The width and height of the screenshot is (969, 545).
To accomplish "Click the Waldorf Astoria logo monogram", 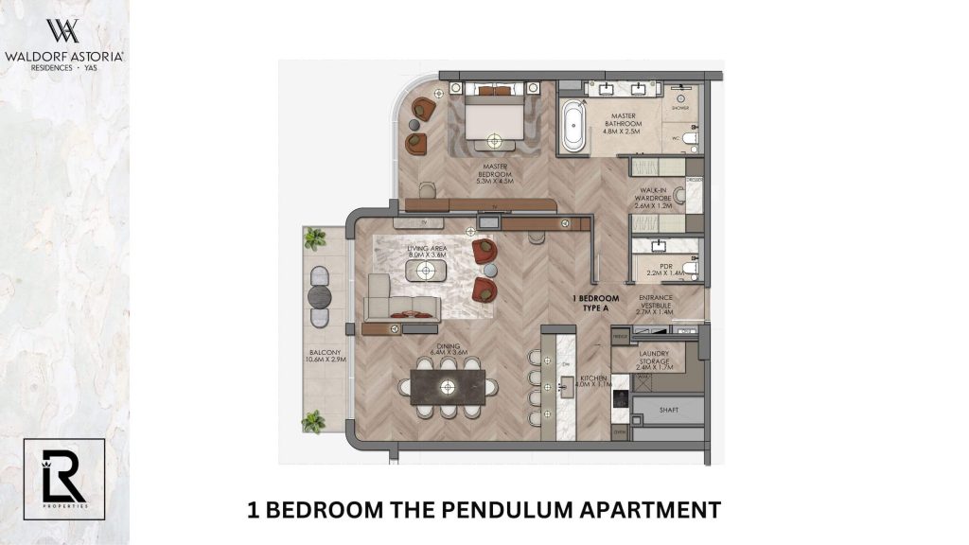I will (x=63, y=30).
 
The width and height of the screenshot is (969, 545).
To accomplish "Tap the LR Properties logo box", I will (x=64, y=480).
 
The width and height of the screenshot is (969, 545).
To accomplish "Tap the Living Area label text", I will (x=426, y=252).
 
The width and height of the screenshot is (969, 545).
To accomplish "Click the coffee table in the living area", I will (x=426, y=271).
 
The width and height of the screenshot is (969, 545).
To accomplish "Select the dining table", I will (x=448, y=386).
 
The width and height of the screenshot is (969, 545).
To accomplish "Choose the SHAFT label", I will (x=667, y=411).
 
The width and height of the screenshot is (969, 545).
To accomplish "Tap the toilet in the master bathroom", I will (x=688, y=140).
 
